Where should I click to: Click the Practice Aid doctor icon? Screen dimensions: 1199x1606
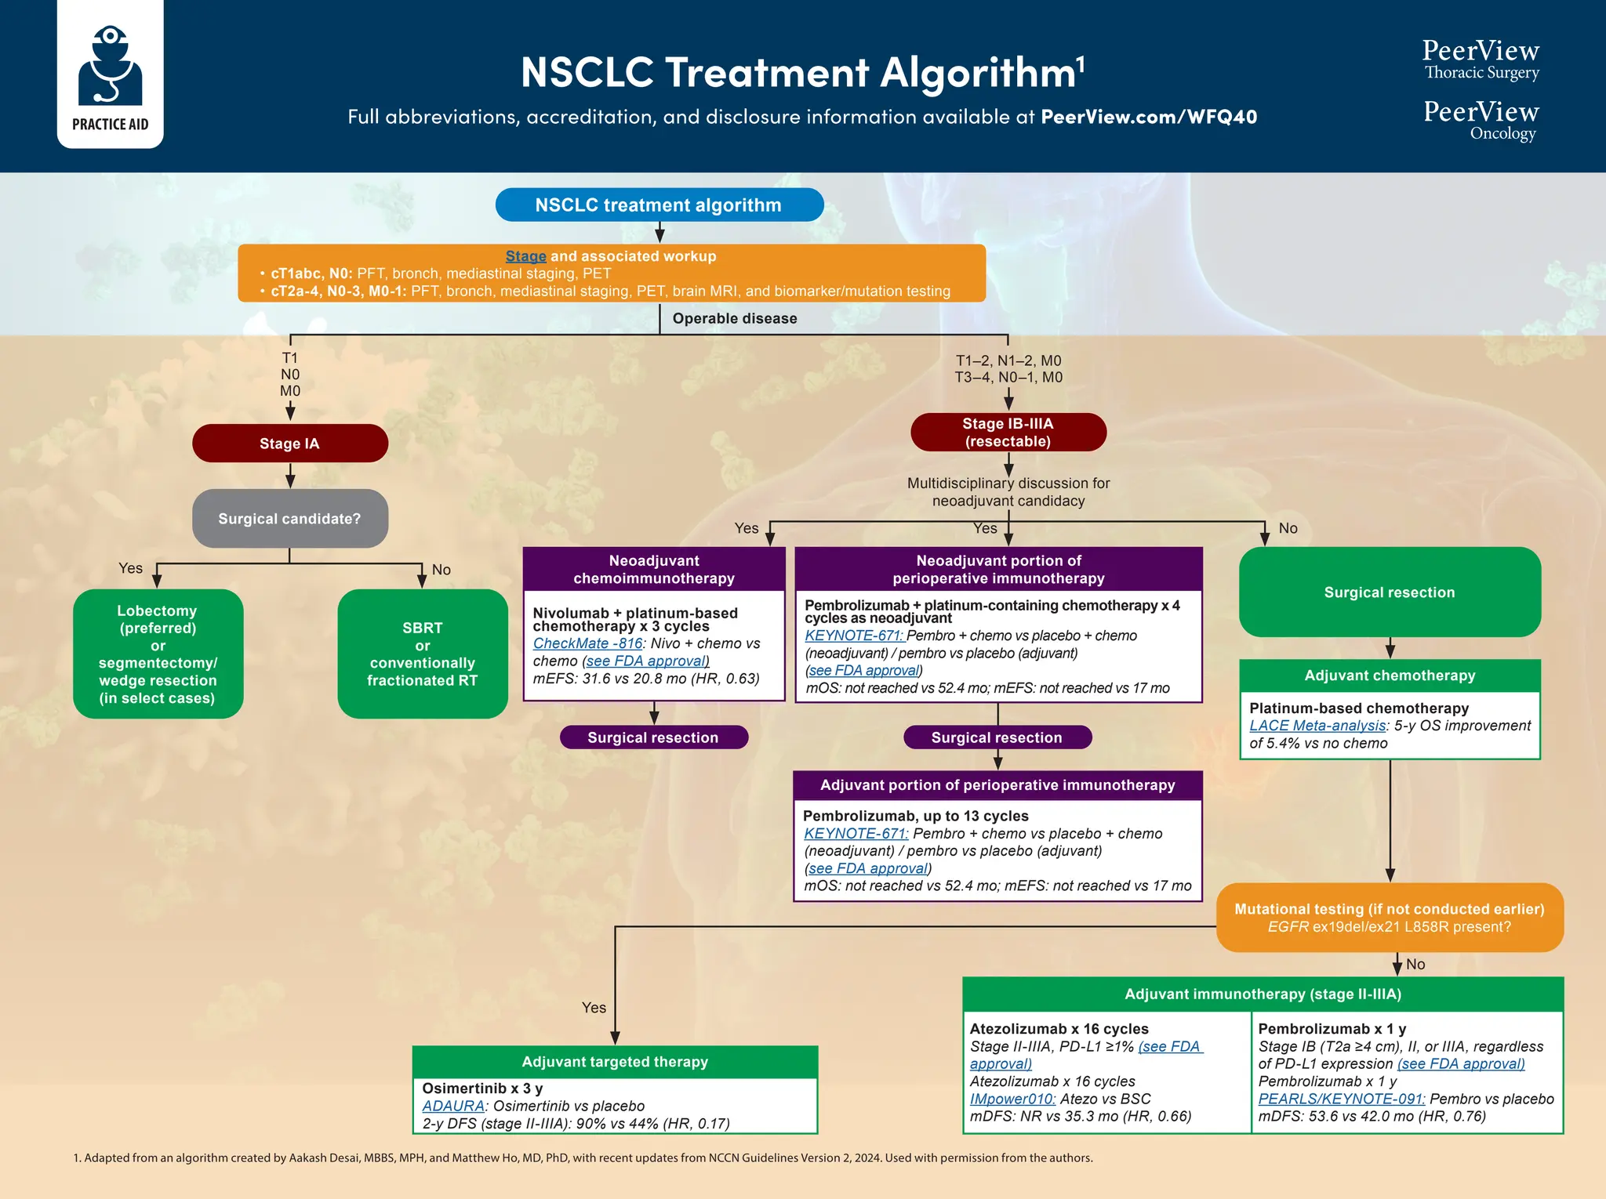pyautogui.click(x=110, y=67)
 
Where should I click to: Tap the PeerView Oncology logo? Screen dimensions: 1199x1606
pyautogui.click(x=1481, y=120)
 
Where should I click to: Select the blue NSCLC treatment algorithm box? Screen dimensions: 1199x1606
pyautogui.click(x=659, y=205)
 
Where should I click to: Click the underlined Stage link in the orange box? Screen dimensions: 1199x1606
pyautogui.click(x=525, y=256)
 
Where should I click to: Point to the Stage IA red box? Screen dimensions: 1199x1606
pyautogui.click(x=289, y=444)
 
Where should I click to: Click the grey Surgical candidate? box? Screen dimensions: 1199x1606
pyautogui.click(x=289, y=519)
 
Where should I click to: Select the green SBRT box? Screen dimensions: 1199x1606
pyautogui.click(x=422, y=654)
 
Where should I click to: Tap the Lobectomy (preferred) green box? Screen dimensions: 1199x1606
pyautogui.click(x=158, y=654)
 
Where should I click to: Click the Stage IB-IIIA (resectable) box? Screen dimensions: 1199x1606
pyautogui.click(x=1008, y=433)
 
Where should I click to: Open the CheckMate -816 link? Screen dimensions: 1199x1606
pyautogui.click(x=587, y=643)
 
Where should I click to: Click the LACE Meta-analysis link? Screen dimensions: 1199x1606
pyautogui.click(x=1317, y=726)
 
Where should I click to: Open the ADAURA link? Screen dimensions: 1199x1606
pyautogui.click(x=453, y=1106)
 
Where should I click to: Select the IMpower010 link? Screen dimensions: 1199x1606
pyautogui.click(x=1012, y=1099)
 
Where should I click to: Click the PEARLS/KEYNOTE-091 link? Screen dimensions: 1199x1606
pyautogui.click(x=1341, y=1099)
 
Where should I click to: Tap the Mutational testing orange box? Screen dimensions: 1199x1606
pyautogui.click(x=1389, y=918)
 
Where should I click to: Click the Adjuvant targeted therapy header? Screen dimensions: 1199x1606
pyautogui.click(x=615, y=1062)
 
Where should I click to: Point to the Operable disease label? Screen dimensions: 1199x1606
pyautogui.click(x=734, y=319)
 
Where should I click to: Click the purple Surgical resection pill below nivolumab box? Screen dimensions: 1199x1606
pyautogui.click(x=653, y=737)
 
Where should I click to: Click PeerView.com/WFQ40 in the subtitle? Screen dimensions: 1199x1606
pyautogui.click(x=1148, y=117)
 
